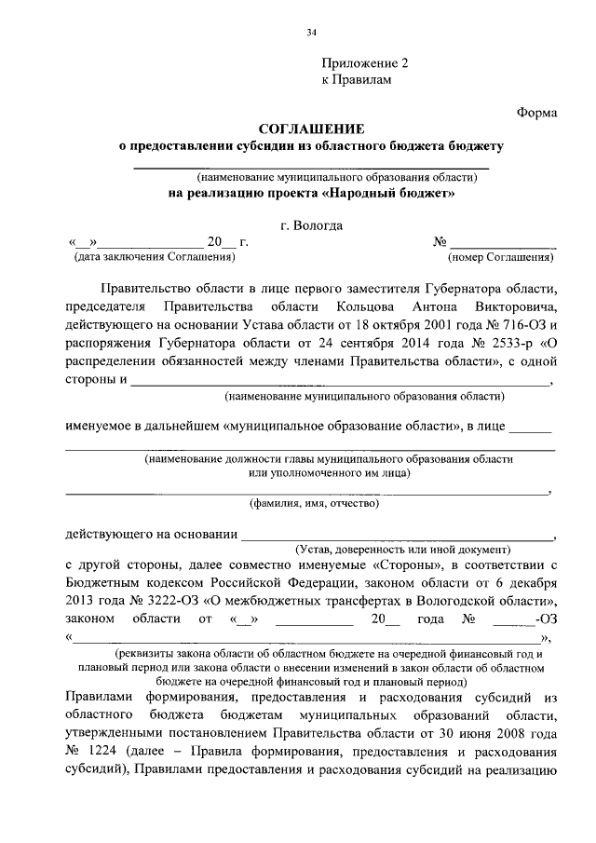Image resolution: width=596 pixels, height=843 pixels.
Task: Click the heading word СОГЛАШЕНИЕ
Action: (311, 129)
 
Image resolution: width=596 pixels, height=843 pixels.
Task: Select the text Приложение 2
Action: (365, 64)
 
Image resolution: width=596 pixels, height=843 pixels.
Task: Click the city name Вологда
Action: (318, 224)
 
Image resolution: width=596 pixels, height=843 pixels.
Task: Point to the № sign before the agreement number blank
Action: (440, 241)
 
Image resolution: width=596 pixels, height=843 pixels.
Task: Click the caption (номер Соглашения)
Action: (502, 256)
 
